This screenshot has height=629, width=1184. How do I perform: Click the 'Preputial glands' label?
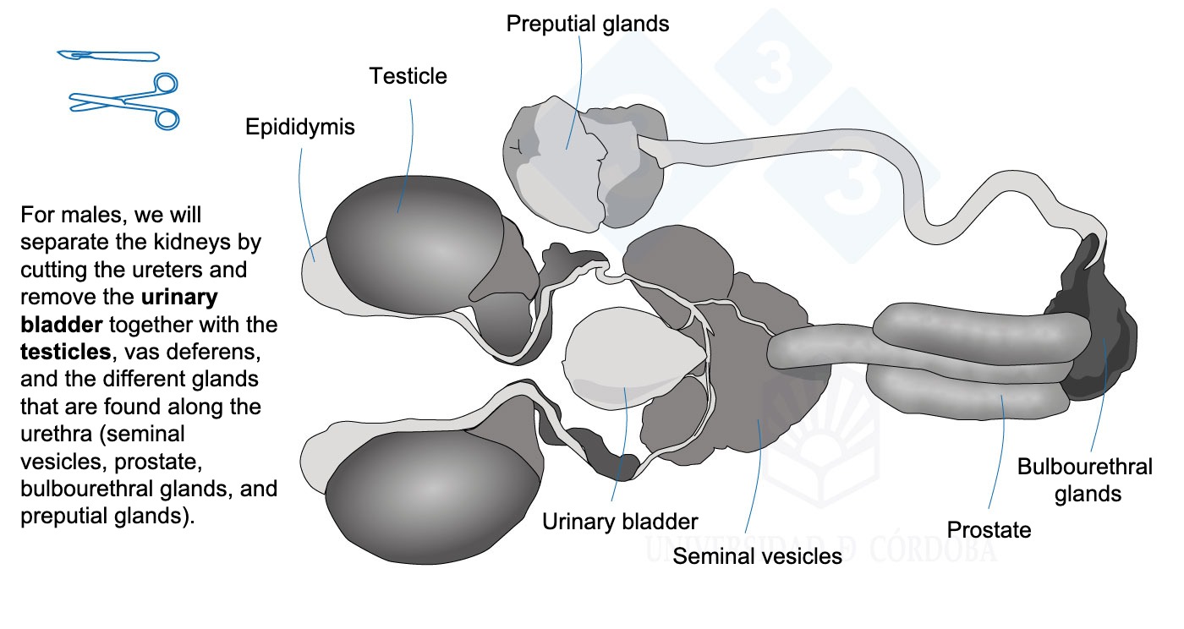tap(587, 25)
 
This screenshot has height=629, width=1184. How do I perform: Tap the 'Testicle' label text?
tap(408, 76)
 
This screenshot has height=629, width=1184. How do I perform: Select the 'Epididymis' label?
tap(299, 128)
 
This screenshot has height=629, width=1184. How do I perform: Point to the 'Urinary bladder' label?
tap(619, 522)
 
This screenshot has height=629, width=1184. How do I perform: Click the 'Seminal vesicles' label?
tap(757, 556)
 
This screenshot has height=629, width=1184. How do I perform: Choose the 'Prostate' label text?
tap(989, 529)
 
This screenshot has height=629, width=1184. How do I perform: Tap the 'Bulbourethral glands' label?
tap(1084, 480)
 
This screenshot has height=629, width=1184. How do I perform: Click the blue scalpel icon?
tap(108, 56)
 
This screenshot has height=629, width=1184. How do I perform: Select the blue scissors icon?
tap(125, 101)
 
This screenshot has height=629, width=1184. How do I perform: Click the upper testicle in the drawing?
tap(415, 243)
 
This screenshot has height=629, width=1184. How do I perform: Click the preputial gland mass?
tap(584, 164)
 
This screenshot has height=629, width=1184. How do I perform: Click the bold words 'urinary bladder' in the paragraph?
tap(119, 311)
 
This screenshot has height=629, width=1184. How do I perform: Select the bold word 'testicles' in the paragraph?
tap(66, 352)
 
